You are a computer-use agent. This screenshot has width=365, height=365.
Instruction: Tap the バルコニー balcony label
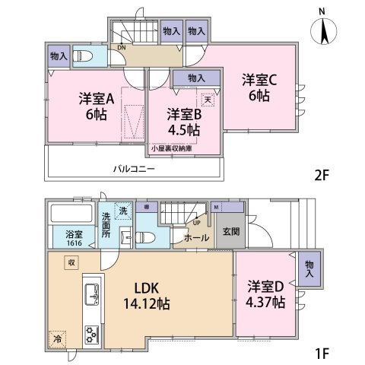point(135,168)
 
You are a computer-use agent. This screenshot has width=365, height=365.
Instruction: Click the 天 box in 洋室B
point(207,100)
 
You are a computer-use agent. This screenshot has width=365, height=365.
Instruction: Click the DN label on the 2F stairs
point(121,46)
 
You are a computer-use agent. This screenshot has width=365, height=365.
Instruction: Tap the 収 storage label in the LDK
point(70,262)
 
